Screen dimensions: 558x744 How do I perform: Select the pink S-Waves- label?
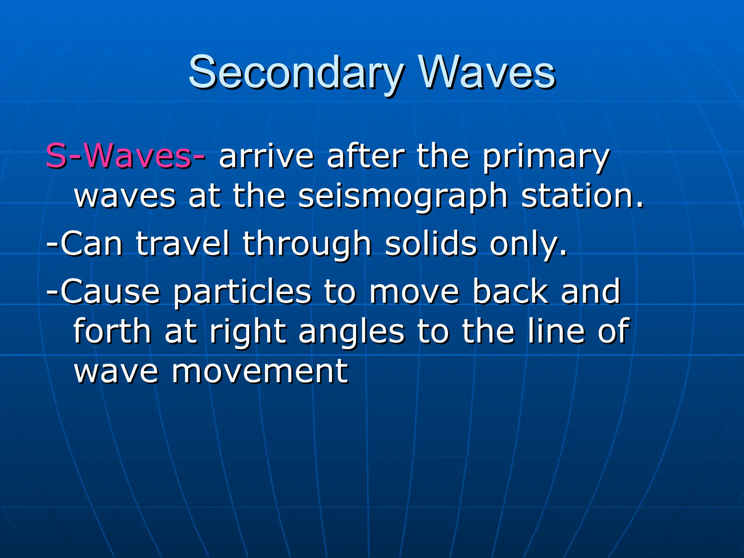(x=125, y=156)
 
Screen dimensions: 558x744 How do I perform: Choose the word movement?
(x=260, y=371)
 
